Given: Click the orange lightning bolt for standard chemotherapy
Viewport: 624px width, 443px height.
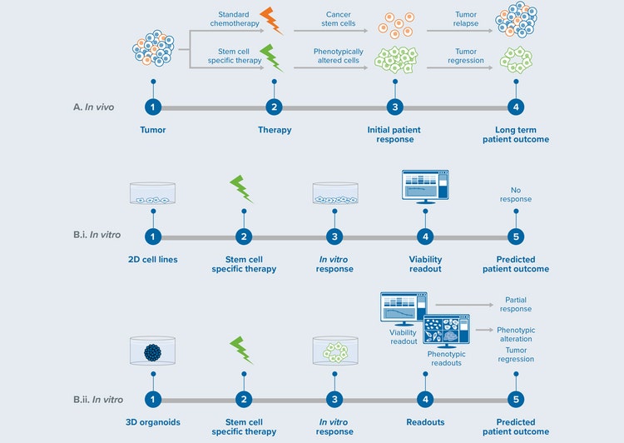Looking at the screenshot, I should pos(271,20).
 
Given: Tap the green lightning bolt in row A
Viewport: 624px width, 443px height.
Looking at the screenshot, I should pos(271,57).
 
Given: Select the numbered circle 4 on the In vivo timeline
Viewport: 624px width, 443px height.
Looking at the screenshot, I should pos(516,107).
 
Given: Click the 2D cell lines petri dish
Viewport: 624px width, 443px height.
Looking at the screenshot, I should pos(152,195).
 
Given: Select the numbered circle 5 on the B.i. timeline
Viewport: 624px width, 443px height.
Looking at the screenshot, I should pos(516,237).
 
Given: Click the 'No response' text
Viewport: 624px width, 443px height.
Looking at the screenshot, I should pos(516,194).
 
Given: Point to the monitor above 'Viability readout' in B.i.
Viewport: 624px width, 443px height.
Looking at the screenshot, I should pos(425,187).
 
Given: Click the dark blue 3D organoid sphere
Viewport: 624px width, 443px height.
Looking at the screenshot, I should pos(152,351).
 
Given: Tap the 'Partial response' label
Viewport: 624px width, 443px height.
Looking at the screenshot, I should pos(516,304).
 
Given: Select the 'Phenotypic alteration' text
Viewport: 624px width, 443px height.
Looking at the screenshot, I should pos(516,335).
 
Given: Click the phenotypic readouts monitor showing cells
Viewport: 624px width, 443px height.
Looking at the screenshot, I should pos(446,330).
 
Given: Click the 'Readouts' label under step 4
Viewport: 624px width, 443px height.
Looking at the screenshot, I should pos(425,422).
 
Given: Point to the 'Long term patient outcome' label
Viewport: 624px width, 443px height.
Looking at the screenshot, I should pos(516,134).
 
